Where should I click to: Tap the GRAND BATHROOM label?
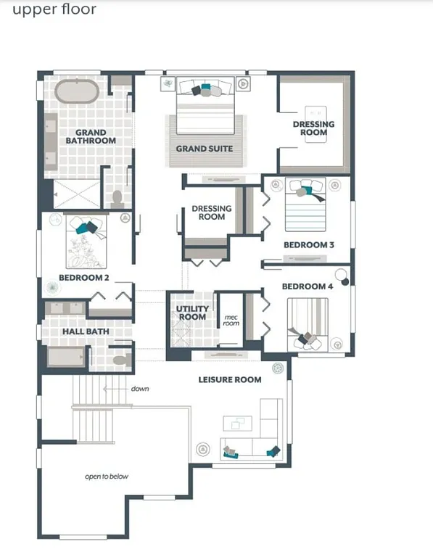tap(91, 136)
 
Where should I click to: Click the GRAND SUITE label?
tap(205, 149)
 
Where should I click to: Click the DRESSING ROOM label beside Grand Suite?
tap(313, 128)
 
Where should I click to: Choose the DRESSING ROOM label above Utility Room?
tap(212, 213)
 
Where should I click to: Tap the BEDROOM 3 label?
tap(308, 245)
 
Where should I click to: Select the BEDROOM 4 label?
tap(307, 286)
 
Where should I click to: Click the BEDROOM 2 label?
tap(84, 278)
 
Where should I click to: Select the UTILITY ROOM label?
tap(192, 313)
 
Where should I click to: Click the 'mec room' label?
tap(231, 321)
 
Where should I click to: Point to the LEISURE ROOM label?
tap(230, 379)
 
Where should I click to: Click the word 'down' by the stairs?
tap(140, 389)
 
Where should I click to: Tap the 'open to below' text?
tap(107, 476)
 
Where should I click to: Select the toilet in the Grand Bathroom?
tap(117, 197)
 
